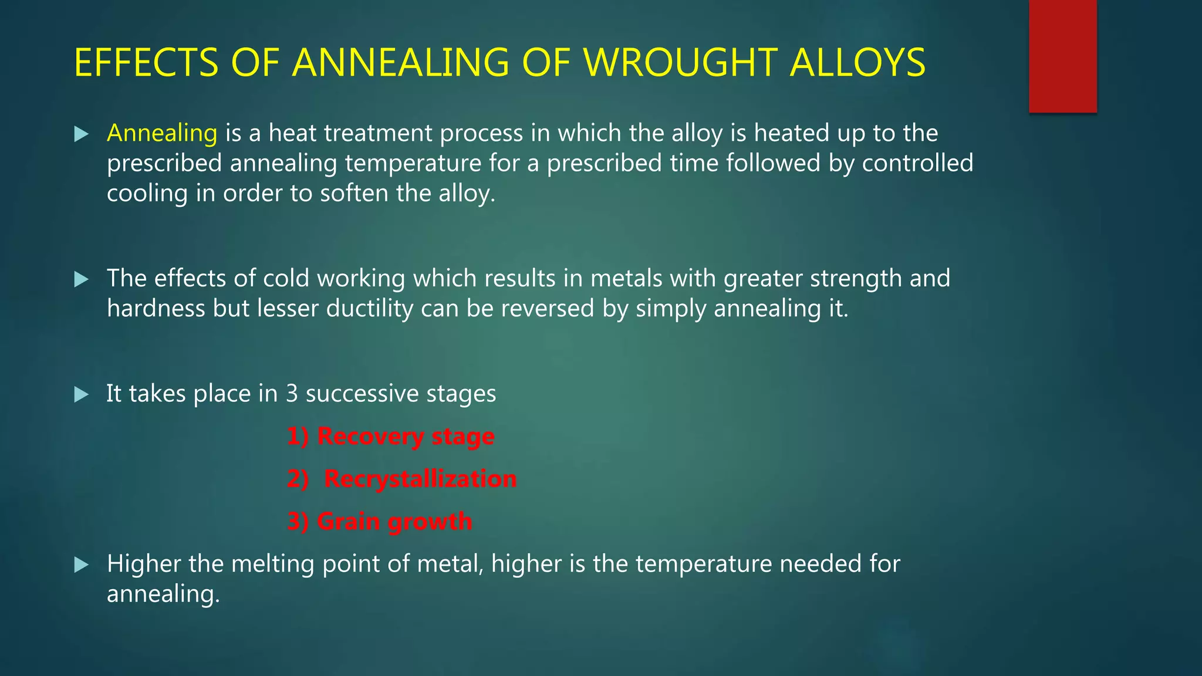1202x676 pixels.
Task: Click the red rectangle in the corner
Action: click(x=1062, y=56)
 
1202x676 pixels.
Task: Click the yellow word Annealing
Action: click(x=162, y=133)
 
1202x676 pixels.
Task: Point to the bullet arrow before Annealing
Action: click(x=82, y=134)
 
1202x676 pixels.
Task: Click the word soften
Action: click(x=354, y=193)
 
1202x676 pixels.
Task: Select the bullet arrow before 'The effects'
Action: click(x=82, y=279)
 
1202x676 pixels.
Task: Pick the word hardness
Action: click(x=156, y=309)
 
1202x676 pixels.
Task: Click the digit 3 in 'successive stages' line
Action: click(x=292, y=394)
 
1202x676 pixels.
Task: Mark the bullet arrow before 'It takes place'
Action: click(x=82, y=394)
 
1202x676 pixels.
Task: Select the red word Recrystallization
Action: click(x=420, y=479)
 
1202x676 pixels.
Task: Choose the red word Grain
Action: click(x=348, y=521)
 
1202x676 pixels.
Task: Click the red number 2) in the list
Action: click(x=298, y=479)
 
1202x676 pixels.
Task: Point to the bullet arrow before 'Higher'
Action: click(x=82, y=565)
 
